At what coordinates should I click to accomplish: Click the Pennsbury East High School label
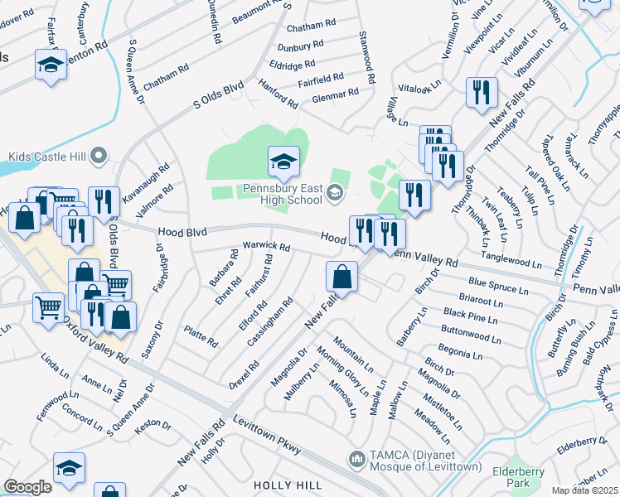point(283,194)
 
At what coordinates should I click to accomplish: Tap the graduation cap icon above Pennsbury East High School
point(283,162)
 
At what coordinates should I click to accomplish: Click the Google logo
point(27,486)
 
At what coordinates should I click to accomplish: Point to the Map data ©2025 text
point(584,490)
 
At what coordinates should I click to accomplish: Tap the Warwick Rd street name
point(265,247)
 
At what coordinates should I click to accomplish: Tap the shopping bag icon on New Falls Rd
point(341,277)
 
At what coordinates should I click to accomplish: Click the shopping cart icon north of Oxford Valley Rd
point(49,308)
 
